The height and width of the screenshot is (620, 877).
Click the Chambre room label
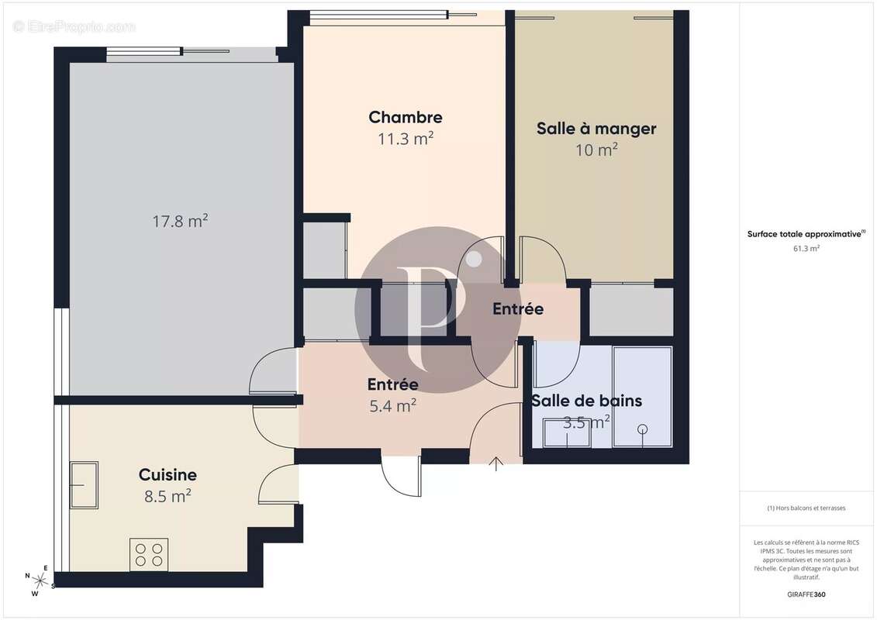click(x=405, y=118)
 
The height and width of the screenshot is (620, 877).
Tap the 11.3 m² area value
click(x=405, y=139)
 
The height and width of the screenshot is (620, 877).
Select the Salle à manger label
click(x=596, y=129)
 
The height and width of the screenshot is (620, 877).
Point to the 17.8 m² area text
click(x=180, y=222)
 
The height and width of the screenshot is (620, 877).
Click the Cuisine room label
click(x=167, y=475)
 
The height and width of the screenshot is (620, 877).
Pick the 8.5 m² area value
click(x=167, y=496)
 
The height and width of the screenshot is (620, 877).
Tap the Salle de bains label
click(x=586, y=401)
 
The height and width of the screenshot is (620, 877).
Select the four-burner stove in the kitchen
click(x=149, y=554)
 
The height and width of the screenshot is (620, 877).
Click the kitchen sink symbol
click(x=84, y=484)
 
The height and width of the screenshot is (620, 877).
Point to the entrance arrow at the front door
click(x=496, y=464)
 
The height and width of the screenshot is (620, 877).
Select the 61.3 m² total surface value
click(x=806, y=249)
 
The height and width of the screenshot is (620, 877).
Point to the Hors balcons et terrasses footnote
click(x=806, y=508)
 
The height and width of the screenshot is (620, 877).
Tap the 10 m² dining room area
click(x=596, y=150)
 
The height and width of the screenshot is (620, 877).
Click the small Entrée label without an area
click(x=518, y=309)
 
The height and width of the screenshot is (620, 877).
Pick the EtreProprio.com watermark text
click(x=74, y=27)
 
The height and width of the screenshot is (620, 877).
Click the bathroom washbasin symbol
click(x=566, y=432)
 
